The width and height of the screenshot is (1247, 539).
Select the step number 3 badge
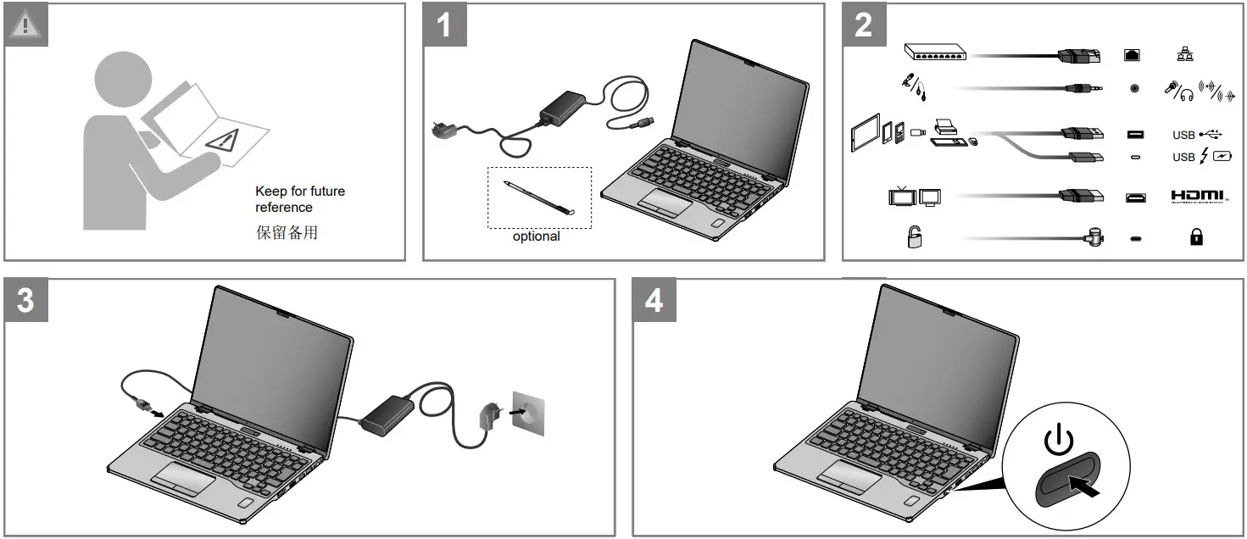click(26, 300)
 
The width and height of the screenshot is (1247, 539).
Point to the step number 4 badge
click(654, 300)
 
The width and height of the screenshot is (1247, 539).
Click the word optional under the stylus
click(536, 236)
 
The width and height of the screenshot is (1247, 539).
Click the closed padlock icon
click(1196, 238)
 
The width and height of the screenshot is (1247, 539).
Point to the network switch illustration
click(937, 52)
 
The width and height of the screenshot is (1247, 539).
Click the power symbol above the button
click(1058, 441)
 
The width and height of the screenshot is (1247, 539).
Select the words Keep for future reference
click(299, 199)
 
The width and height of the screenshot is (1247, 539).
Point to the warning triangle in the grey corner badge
click(25, 24)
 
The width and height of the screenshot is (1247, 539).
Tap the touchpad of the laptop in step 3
click(183, 479)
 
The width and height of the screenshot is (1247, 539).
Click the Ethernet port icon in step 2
click(1134, 55)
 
